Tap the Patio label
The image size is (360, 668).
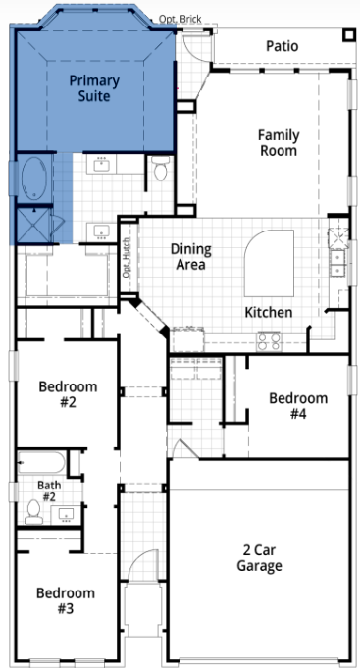[x=282, y=46]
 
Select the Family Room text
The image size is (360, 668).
[x=279, y=142]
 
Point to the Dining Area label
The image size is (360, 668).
[x=191, y=257]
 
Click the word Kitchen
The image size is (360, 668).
[x=268, y=312]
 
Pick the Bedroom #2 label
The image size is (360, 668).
[x=67, y=393]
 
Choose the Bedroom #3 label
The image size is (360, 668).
[x=66, y=600]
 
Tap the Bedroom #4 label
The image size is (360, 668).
[x=298, y=405]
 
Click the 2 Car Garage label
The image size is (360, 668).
[x=259, y=558]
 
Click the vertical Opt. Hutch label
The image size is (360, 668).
[x=127, y=258]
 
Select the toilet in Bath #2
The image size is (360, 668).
[x=33, y=511]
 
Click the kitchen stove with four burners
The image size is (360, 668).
[x=269, y=340]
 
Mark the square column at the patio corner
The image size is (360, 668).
[x=348, y=37]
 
